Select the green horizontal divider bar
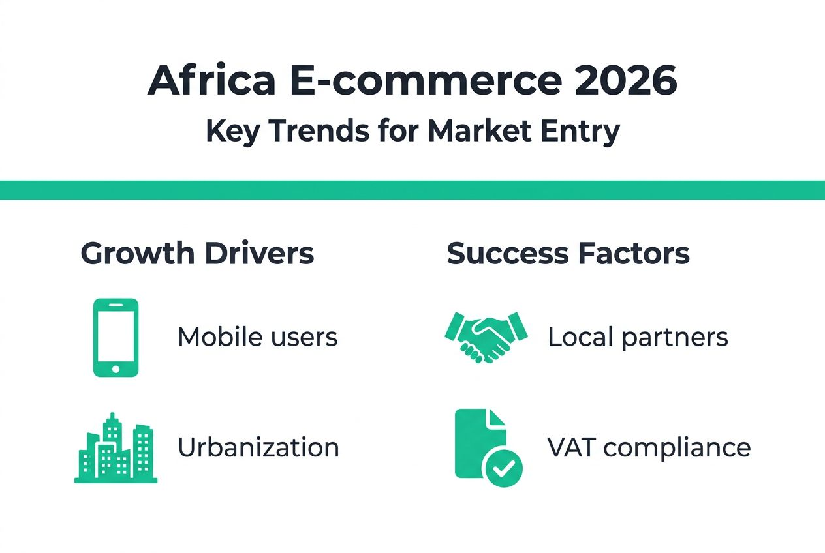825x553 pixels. [412, 190]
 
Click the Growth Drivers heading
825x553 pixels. [197, 254]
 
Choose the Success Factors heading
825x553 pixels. [568, 254]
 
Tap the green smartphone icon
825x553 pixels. [116, 337]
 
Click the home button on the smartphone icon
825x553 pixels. [116, 368]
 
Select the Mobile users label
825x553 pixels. [257, 337]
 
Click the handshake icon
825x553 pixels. [486, 335]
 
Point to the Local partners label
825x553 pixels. [638, 337]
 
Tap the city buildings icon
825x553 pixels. [116, 449]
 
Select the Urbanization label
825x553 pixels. [258, 448]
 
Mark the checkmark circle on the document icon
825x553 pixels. [503, 468]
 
